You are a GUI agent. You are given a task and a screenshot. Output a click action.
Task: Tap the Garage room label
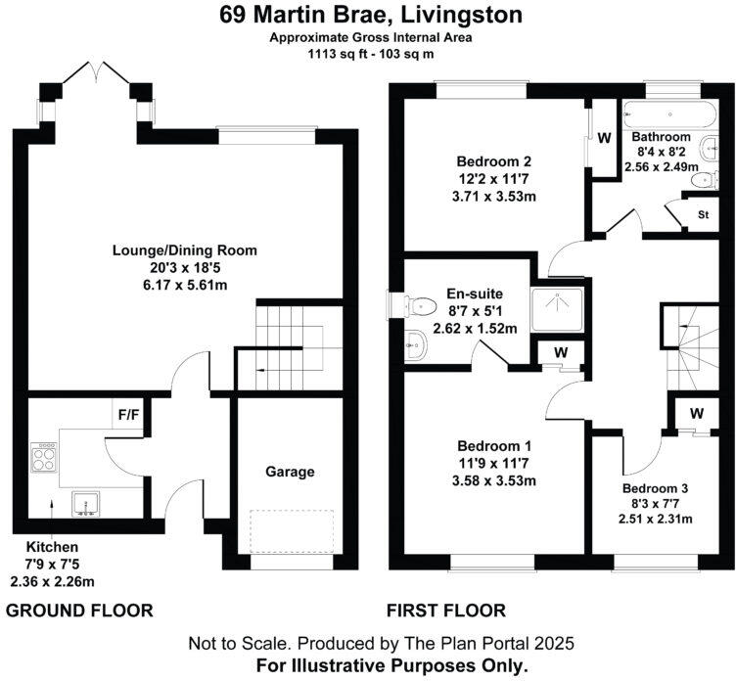coord(291,472)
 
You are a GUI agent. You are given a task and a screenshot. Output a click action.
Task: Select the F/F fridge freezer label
coord(128,414)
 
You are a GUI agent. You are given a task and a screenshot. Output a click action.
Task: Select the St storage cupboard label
coord(703,214)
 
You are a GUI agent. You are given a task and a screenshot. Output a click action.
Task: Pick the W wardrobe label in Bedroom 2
coord(605,137)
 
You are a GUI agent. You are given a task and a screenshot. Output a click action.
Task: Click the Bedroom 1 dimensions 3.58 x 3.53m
coord(495,481)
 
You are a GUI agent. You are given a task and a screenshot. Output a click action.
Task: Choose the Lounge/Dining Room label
coord(184,250)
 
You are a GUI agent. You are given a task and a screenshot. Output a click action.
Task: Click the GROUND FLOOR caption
coord(80,612)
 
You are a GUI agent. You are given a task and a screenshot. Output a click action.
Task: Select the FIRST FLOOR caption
coord(446,612)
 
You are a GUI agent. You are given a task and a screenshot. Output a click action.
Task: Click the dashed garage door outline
coord(291,531)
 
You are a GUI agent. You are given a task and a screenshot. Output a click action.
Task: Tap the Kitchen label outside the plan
coord(51,546)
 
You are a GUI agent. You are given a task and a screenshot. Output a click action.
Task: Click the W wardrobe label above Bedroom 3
coord(696,413)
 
